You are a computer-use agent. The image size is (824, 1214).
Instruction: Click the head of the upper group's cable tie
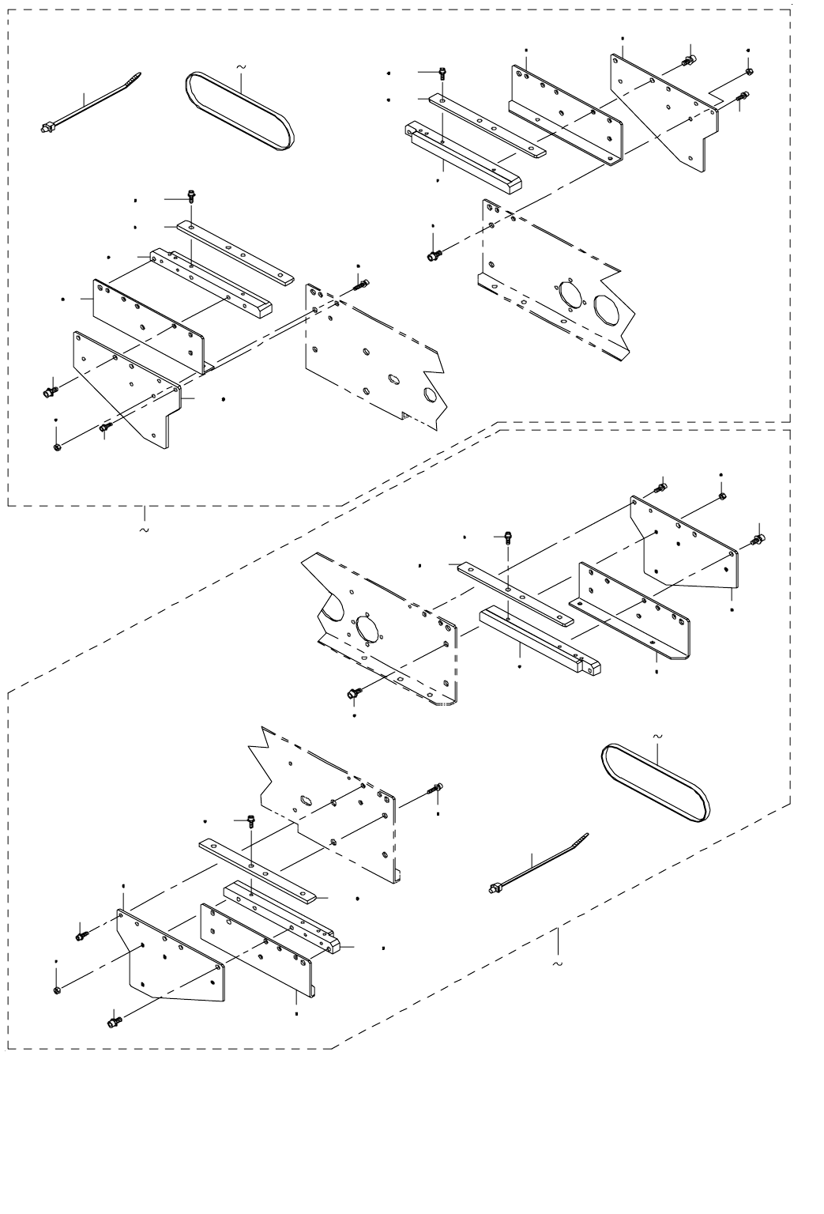[x=47, y=126]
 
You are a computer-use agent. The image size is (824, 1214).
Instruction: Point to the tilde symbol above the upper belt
[x=240, y=68]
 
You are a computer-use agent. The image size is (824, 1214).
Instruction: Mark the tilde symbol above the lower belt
[x=658, y=736]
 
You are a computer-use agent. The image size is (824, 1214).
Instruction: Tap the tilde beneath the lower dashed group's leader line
[x=558, y=965]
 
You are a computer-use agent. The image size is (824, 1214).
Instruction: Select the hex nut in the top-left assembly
[x=57, y=448]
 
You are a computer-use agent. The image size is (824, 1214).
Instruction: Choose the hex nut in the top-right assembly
[x=749, y=73]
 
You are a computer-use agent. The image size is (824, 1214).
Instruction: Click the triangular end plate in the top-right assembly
[x=668, y=111]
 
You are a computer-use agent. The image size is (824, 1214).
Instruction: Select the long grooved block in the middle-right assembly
[x=537, y=638]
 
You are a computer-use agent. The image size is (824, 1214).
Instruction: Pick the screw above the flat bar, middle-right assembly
[x=506, y=538]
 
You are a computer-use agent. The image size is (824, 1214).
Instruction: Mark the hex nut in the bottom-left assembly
[x=57, y=990]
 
